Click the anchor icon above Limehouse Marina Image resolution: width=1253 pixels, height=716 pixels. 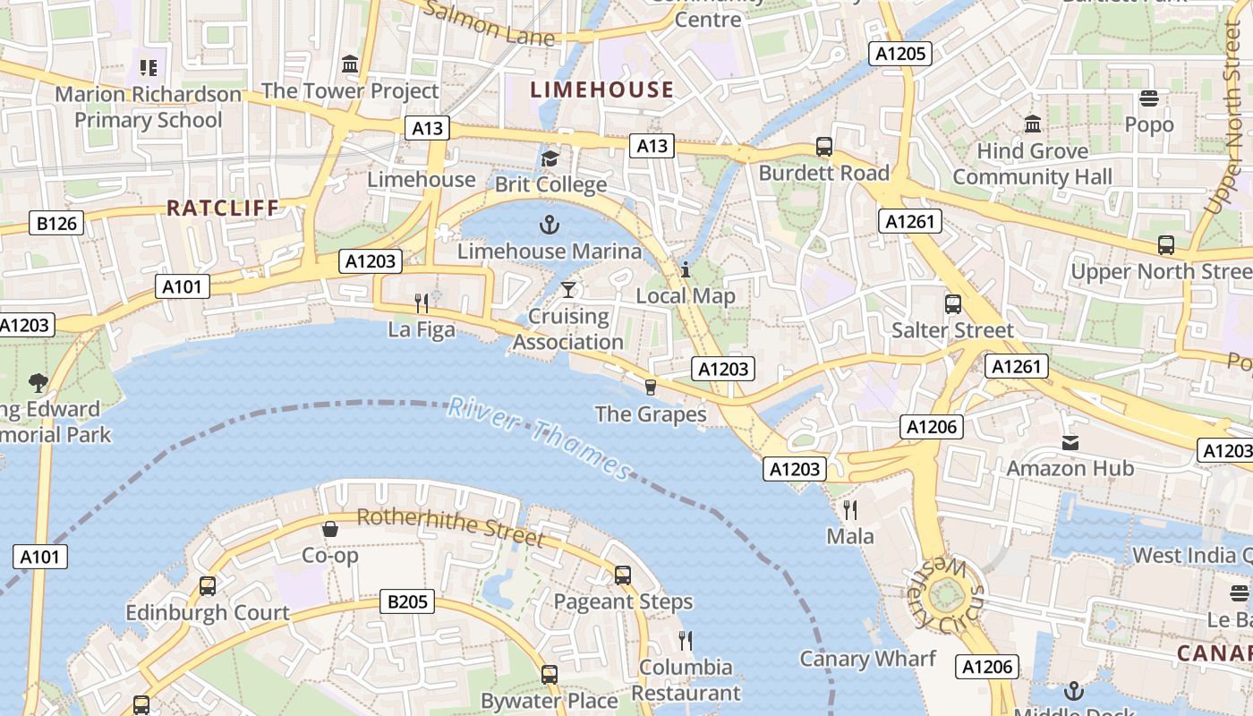click(550, 224)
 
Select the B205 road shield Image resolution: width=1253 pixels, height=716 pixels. click(407, 601)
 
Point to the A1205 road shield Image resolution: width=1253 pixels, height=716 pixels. click(900, 54)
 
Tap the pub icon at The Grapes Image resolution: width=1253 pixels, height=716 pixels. click(651, 387)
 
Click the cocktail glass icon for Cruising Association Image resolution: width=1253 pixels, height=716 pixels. click(567, 289)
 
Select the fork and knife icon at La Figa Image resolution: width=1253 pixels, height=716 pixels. click(422, 303)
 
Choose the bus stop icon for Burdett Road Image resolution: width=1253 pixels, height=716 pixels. click(823, 146)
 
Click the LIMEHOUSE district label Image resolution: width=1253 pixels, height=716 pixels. click(601, 89)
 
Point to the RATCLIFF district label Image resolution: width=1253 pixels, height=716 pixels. click(223, 208)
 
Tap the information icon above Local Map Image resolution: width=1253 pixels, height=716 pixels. click(686, 268)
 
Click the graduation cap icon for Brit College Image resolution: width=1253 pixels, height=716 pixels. click(550, 158)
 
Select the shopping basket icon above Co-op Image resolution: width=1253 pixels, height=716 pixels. click(330, 529)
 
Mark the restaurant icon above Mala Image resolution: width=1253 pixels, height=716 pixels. click(850, 510)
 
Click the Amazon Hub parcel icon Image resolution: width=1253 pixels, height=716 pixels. click(1070, 442)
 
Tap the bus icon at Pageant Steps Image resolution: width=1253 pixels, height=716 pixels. click(623, 575)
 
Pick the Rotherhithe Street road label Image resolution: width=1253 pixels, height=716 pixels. click(450, 527)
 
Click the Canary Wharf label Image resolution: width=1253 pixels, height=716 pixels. click(867, 659)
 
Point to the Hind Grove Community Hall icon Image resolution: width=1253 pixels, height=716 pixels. click(1033, 124)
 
